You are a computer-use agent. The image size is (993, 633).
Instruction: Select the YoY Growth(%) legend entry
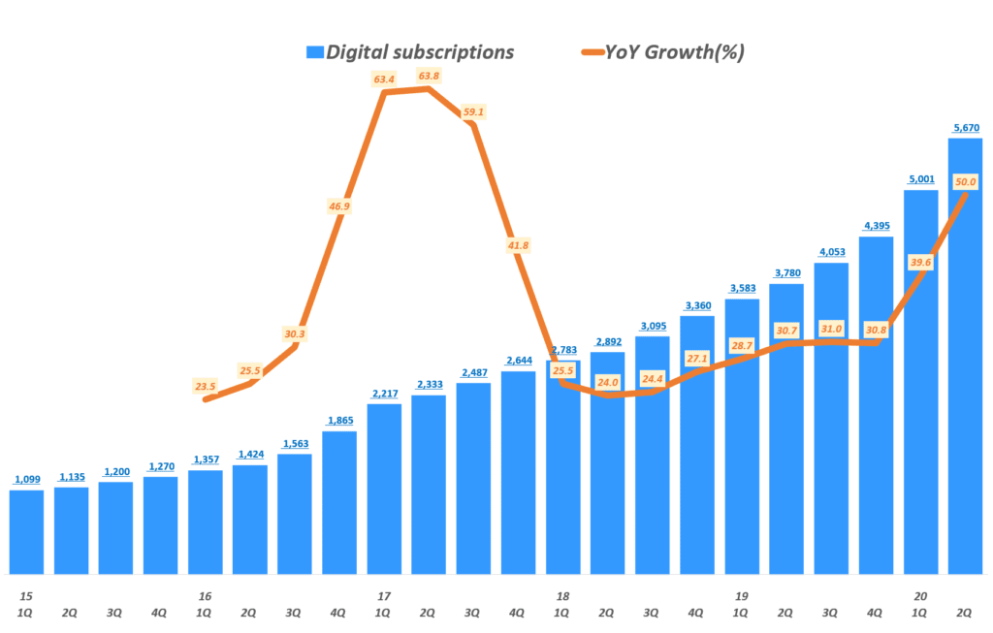click(x=662, y=52)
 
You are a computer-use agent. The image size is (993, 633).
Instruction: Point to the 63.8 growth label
click(x=429, y=76)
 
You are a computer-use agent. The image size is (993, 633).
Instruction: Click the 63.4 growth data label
click(x=384, y=79)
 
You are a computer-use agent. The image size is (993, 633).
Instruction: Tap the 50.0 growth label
click(x=965, y=181)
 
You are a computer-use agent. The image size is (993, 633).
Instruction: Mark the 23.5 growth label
click(x=206, y=385)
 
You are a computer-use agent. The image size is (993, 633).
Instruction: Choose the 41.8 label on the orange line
click(x=518, y=245)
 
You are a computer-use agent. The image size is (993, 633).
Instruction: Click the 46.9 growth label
click(x=339, y=206)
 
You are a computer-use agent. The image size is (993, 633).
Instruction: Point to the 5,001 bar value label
click(x=920, y=178)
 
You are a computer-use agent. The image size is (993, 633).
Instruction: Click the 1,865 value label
click(x=339, y=420)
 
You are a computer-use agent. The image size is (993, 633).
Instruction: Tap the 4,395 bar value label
click(x=876, y=226)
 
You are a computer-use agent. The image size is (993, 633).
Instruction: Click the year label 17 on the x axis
click(x=384, y=596)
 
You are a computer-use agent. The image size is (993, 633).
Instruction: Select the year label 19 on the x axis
click(x=742, y=596)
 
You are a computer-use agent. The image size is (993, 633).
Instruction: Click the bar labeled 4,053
click(x=831, y=417)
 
